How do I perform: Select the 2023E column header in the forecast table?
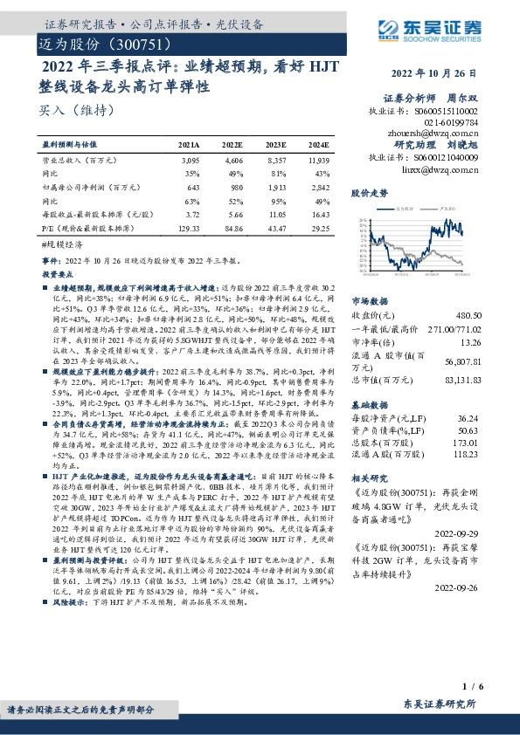(x=276, y=145)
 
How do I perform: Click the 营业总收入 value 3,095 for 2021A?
(x=189, y=161)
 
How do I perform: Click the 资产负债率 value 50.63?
(x=470, y=430)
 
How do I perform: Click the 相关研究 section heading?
(x=367, y=479)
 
